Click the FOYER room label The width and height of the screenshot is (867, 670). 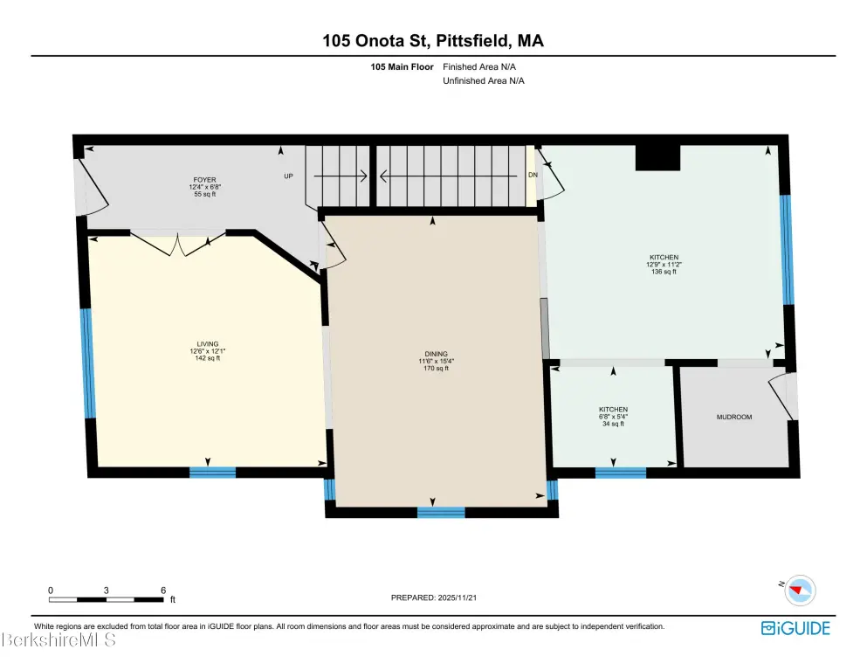204,180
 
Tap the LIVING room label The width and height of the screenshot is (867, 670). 207,343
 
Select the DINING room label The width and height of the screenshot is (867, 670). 437,354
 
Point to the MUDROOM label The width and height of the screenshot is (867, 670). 734,417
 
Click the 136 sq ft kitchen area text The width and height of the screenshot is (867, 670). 664,272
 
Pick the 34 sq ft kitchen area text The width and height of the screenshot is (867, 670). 613,424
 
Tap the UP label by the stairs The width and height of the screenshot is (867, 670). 289,176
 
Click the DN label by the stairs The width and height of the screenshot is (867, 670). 533,175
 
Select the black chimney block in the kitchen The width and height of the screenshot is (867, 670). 657,157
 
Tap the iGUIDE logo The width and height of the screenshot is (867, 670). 795,628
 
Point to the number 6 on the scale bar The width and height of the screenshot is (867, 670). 163,591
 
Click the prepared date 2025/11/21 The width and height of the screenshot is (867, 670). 457,597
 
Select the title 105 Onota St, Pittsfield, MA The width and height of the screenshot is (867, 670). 433,40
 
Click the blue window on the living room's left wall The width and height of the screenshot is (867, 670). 87,363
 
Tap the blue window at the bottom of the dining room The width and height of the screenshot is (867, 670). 441,512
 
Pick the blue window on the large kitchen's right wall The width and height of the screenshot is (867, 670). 787,249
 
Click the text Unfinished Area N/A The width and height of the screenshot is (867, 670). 483,80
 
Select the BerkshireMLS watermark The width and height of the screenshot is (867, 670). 58,640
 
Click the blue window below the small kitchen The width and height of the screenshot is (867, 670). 621,473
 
